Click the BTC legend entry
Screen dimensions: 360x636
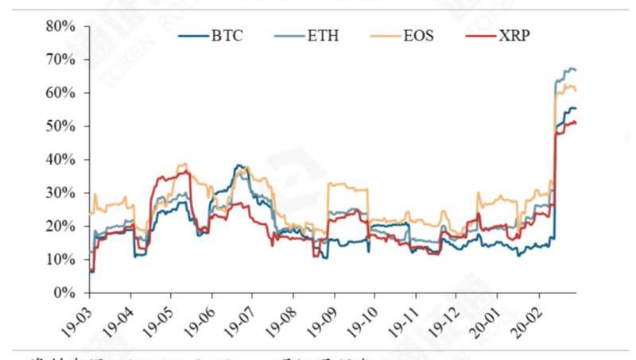(x=215, y=36)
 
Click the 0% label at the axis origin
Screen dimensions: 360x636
(x=64, y=293)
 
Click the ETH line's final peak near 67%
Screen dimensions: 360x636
(x=568, y=68)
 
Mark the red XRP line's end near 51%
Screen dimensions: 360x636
(x=575, y=122)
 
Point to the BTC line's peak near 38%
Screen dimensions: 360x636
(x=238, y=165)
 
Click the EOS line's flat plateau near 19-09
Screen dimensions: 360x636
(x=350, y=188)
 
